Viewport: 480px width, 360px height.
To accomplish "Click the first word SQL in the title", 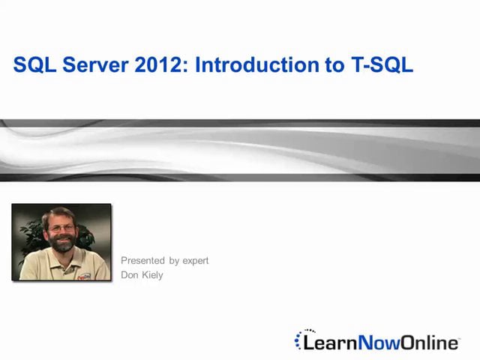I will tap(33, 65).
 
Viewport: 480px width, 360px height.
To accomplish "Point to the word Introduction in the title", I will tap(254, 65).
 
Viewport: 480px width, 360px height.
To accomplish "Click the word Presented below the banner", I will tap(143, 261).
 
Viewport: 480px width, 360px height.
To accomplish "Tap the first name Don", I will tap(130, 275).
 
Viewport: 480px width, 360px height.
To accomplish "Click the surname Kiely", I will tap(153, 275).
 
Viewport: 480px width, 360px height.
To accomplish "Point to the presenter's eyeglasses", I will tap(63, 228).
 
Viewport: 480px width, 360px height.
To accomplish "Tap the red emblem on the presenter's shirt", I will tap(85, 275).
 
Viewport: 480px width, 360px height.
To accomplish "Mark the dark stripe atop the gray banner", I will tap(240, 124).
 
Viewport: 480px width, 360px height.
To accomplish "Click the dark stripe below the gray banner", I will tap(240, 178).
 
